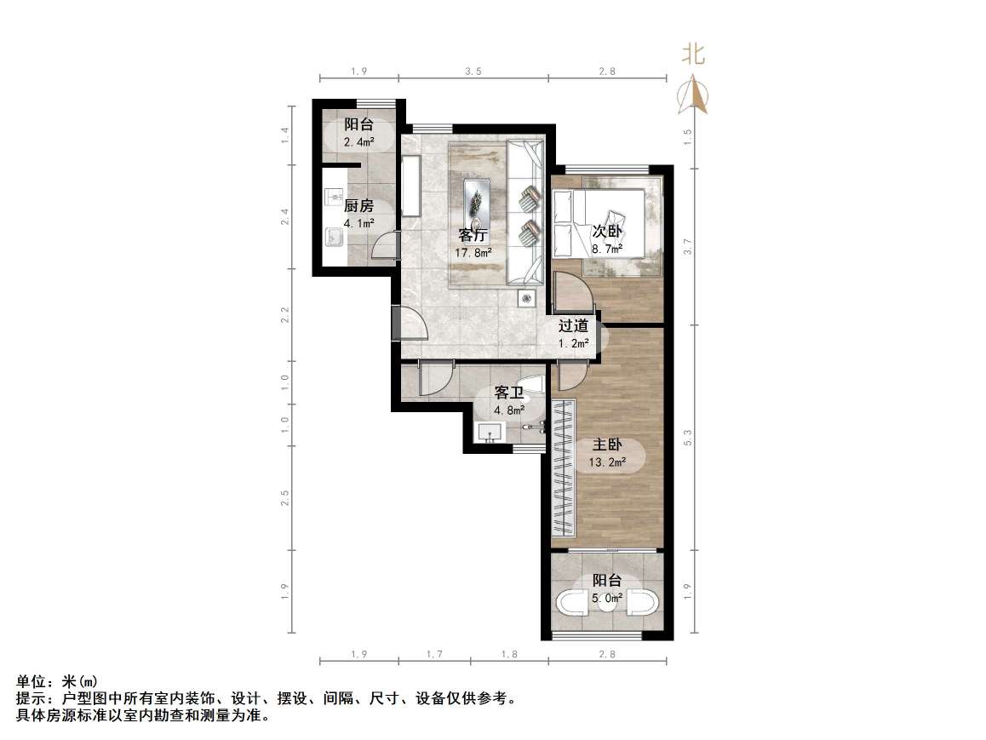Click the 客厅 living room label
[473, 235]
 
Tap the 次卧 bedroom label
[606, 230]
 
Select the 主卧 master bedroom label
[607, 445]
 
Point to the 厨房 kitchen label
[358, 205]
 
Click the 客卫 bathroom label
[509, 393]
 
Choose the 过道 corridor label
[573, 325]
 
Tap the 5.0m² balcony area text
[607, 598]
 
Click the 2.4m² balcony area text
[358, 141]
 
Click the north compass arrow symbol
[693, 95]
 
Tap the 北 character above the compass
[693, 55]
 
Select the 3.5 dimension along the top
[473, 72]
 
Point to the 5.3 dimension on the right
[688, 438]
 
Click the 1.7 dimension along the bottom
[433, 654]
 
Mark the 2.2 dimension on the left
[286, 315]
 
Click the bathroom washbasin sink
[490, 433]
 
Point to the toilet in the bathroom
[533, 385]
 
